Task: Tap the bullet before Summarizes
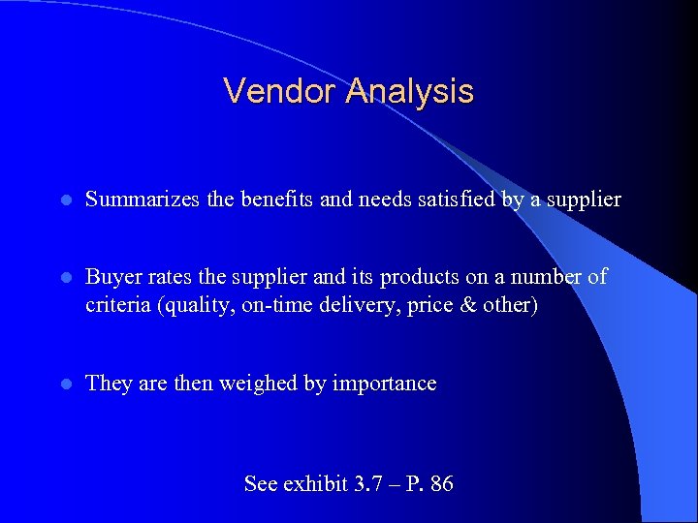[x=64, y=200]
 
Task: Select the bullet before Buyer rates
[x=64, y=278]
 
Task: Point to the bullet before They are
[x=64, y=385]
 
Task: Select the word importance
[x=384, y=384]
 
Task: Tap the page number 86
[x=440, y=482]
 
